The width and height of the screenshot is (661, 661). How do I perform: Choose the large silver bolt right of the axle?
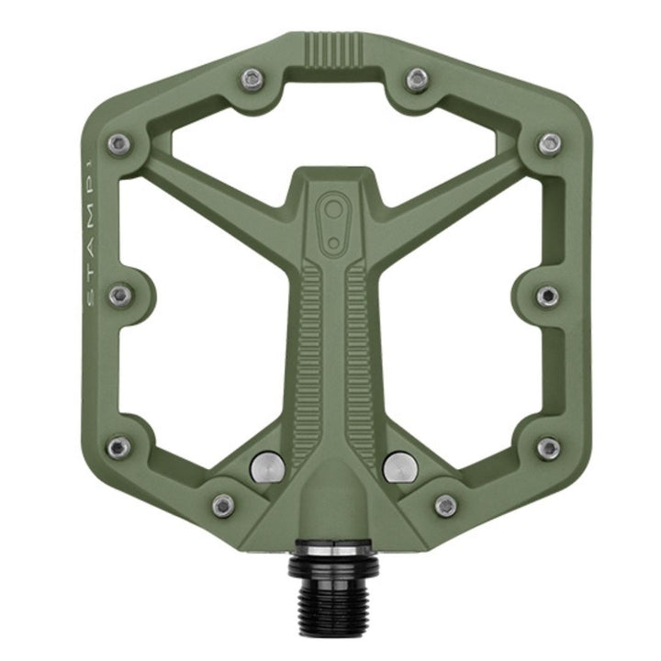coord(398,467)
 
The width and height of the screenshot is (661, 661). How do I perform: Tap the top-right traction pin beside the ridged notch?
coord(417,80)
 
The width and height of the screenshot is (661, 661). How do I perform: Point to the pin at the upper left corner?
coord(117,143)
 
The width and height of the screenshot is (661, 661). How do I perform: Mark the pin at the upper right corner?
coord(549,143)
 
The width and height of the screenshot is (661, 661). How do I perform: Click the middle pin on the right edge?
coord(548,296)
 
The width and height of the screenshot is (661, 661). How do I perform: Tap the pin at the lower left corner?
coord(118,447)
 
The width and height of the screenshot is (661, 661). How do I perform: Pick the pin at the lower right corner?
coord(548,448)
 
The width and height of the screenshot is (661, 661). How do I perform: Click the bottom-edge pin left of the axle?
coord(223,505)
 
